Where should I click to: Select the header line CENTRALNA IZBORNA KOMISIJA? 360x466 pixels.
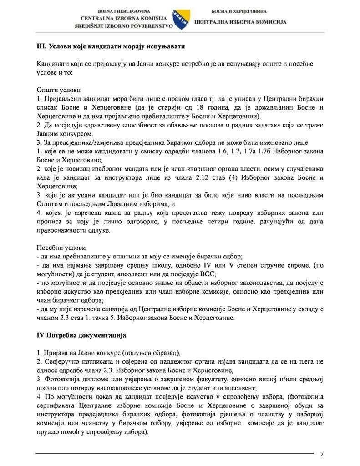(x=124, y=18)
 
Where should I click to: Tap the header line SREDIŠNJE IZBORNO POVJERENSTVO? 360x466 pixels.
(x=124, y=26)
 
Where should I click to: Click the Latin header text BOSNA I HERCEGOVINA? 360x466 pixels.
(x=124, y=10)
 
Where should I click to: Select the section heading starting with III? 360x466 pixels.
(x=111, y=47)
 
